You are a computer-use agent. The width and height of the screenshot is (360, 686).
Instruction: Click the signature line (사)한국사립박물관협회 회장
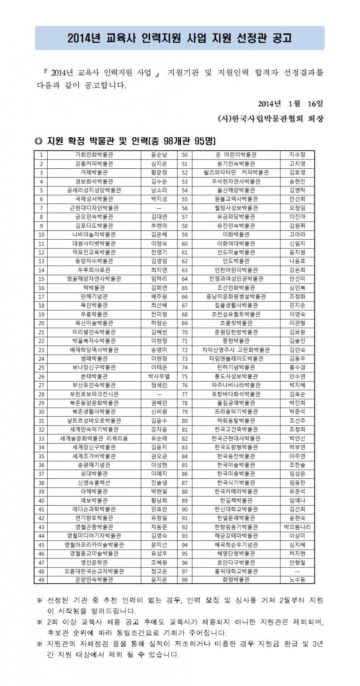[271, 119]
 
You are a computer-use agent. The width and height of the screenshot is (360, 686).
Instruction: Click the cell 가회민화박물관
[94, 155]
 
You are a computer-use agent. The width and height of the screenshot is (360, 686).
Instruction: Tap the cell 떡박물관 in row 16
[94, 288]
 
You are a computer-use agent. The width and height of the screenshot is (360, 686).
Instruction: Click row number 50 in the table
[185, 155]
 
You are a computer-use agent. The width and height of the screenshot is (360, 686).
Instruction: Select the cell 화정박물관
[236, 580]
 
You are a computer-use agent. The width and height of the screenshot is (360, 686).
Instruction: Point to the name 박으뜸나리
[297, 526]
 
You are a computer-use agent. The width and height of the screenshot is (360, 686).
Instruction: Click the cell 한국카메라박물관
[236, 491]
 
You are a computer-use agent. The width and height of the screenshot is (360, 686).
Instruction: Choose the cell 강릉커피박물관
[94, 164]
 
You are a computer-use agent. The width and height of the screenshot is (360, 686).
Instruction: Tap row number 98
[185, 580]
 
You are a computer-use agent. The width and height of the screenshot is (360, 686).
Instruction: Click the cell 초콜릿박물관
[236, 323]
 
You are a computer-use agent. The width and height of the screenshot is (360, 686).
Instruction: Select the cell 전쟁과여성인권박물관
[236, 279]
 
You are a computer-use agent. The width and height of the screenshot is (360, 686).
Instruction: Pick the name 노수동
[297, 580]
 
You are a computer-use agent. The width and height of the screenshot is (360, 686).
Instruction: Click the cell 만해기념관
[94, 296]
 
